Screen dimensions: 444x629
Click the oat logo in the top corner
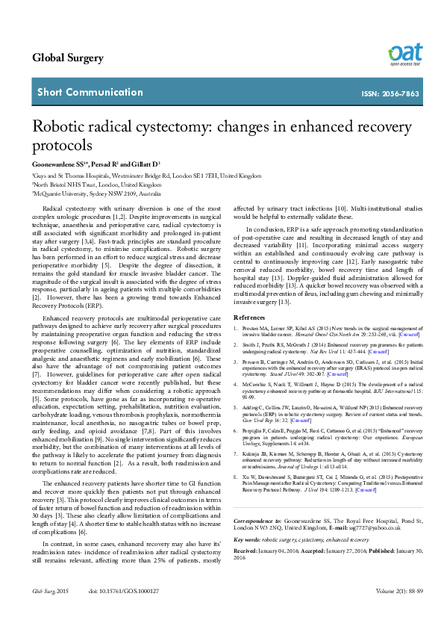coord(404,54)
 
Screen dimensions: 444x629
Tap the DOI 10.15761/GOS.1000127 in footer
coord(124,611)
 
